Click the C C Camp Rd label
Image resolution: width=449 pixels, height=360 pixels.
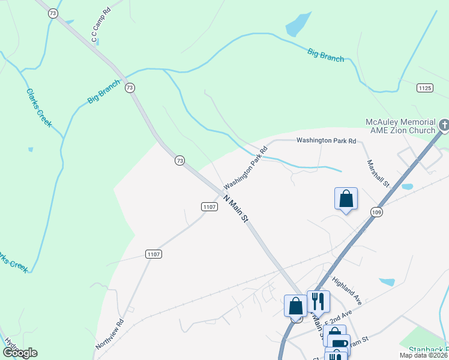(101, 26)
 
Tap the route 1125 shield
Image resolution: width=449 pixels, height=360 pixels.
(425, 88)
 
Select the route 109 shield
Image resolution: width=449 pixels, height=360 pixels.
(376, 212)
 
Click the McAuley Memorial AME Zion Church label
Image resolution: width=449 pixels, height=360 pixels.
(401, 126)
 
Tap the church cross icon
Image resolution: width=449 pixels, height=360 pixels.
(444, 125)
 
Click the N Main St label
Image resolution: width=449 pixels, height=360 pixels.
(235, 209)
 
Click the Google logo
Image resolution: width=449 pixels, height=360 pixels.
(19, 353)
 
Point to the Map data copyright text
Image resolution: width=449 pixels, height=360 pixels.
(424, 355)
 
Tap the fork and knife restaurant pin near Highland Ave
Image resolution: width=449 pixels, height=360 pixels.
(318, 301)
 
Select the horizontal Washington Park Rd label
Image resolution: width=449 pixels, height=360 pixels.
(327, 140)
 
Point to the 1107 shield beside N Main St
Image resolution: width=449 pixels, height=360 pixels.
(209, 206)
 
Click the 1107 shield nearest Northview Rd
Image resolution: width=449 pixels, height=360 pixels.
(153, 254)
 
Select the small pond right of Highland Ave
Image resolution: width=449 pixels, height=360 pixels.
(387, 282)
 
